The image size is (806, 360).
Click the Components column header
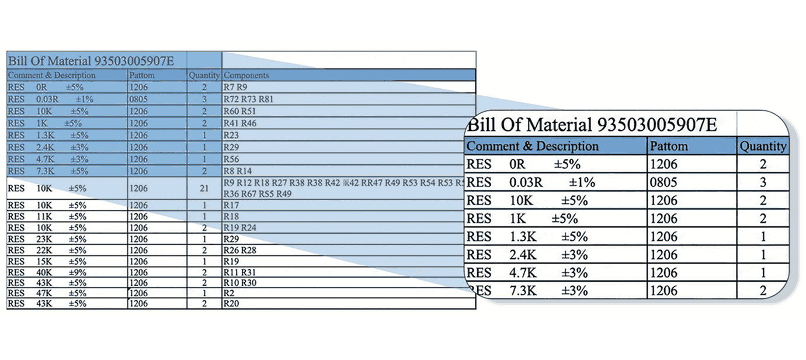point(246,75)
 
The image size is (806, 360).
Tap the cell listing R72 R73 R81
point(249,99)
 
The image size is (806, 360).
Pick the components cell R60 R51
point(240,111)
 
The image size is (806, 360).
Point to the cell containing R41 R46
point(240,123)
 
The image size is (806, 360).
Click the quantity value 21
point(204,189)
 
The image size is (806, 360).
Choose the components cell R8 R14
point(238,171)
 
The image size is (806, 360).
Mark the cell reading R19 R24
point(240,227)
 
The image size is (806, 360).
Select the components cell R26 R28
point(240,250)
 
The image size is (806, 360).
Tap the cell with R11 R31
point(239,272)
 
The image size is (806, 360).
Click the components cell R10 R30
point(240,283)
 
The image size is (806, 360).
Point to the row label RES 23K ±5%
point(47,239)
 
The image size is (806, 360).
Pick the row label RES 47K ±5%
point(47,293)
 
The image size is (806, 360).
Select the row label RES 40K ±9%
point(47,272)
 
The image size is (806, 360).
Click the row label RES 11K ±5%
point(47,216)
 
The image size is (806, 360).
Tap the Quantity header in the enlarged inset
point(763,146)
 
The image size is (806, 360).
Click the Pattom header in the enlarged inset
point(669,146)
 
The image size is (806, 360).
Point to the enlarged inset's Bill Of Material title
point(592,124)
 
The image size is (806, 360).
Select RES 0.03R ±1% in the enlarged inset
point(531,182)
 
